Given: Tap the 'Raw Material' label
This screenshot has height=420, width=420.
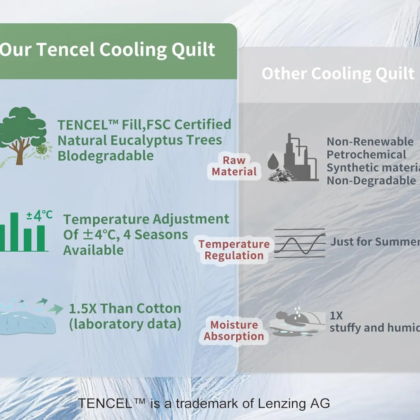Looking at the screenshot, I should point(234,166).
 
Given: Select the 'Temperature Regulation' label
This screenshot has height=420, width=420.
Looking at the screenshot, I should point(234,250).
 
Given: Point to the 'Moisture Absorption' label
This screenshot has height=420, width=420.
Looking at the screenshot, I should point(234,330).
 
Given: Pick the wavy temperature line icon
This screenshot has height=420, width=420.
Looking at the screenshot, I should point(300,243).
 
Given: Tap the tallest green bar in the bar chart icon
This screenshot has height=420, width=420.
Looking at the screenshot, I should point(14,232).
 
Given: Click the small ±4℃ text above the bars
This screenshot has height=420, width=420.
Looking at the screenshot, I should point(39,216).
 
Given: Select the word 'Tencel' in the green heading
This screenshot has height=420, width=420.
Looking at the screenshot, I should point(66,50).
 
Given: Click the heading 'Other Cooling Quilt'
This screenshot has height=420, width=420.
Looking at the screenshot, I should point(338,74).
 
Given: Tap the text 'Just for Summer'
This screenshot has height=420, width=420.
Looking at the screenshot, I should point(375,242).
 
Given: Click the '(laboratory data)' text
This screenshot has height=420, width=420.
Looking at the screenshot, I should point(125,324).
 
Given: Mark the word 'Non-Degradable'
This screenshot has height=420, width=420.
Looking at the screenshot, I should point(371,180).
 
